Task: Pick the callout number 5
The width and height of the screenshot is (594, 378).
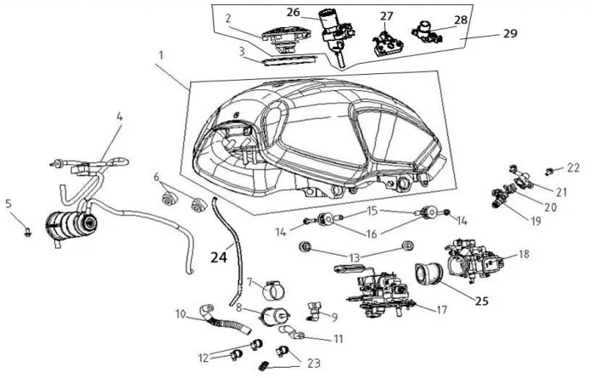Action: [8, 203]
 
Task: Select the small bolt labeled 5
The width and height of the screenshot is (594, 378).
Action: [28, 229]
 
